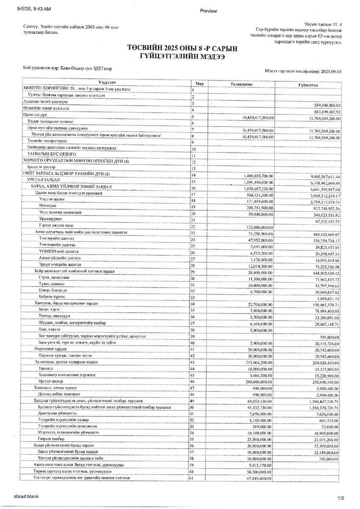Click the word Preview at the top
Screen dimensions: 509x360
(208, 11)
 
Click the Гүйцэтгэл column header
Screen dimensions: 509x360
(307, 85)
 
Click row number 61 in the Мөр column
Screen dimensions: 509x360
(191, 478)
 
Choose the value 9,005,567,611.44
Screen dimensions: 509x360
(321, 176)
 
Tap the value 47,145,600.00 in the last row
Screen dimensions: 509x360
(258, 478)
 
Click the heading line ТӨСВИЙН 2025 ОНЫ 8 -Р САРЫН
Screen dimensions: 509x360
(182, 49)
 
